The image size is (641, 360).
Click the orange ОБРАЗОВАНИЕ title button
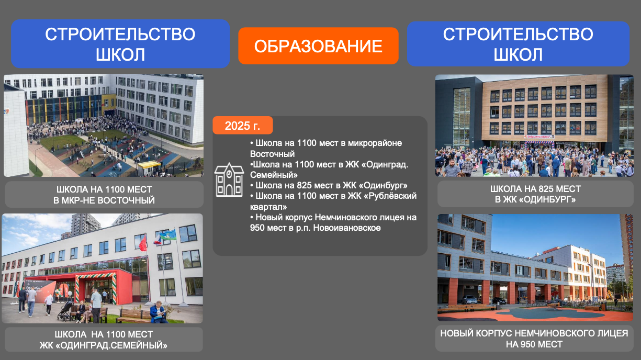pos(318,46)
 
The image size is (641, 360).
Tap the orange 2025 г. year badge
pos(243,126)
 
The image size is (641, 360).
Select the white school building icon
pos(229,179)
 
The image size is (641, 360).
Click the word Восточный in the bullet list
pos(272,154)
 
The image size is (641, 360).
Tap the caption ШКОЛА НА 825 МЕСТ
pos(535,189)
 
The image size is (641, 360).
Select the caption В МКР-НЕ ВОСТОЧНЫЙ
pos(104,200)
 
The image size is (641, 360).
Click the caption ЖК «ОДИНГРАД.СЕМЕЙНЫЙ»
pos(104,345)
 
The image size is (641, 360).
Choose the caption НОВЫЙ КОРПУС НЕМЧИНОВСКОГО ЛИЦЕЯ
pos(534,333)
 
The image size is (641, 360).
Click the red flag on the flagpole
pos(143,243)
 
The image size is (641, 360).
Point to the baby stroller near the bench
pos(65,311)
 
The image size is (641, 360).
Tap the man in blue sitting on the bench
pos(158,312)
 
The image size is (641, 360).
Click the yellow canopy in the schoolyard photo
pos(149,164)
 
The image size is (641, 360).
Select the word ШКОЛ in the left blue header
pos(120,54)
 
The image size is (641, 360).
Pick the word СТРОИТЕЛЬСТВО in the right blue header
pos(518,34)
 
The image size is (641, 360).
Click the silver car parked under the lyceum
pos(469,300)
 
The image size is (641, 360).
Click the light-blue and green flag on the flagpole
pos(167,234)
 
